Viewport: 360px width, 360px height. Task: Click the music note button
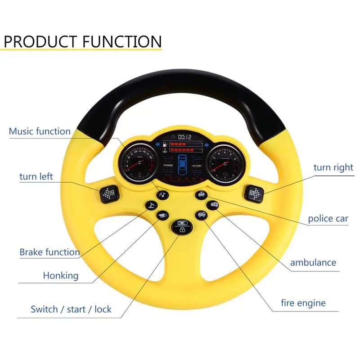(162, 195)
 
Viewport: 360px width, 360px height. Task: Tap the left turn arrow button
(108, 193)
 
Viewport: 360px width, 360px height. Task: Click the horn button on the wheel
(162, 216)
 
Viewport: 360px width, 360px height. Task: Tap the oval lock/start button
(181, 226)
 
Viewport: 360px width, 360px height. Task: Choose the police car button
(201, 194)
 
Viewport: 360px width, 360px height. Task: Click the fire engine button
(202, 215)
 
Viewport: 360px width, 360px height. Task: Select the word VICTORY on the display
(197, 166)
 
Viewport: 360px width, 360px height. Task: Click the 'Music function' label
(40, 131)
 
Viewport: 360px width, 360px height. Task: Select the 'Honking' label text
(61, 275)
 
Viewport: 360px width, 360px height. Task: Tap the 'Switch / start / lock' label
(71, 310)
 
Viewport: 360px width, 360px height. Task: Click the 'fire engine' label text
(303, 303)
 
